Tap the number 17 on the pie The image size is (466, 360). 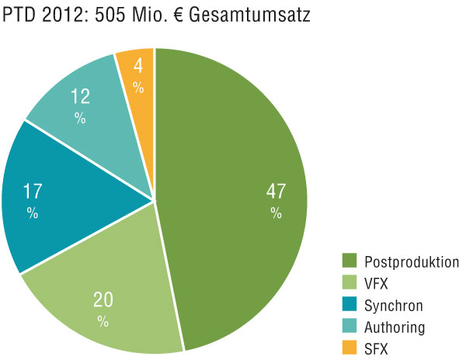coord(32,192)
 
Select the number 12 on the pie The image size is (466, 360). coord(80,97)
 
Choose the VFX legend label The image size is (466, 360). coord(376,284)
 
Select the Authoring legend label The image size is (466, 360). coord(394,328)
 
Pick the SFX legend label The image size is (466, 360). coord(375,350)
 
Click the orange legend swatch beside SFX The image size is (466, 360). coord(349,350)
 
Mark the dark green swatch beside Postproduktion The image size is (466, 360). coord(349,261)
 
